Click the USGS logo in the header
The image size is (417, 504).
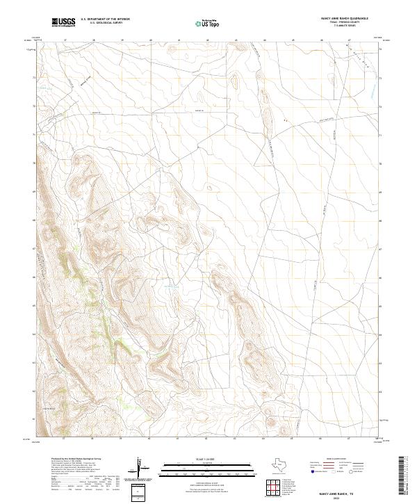[63, 23]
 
